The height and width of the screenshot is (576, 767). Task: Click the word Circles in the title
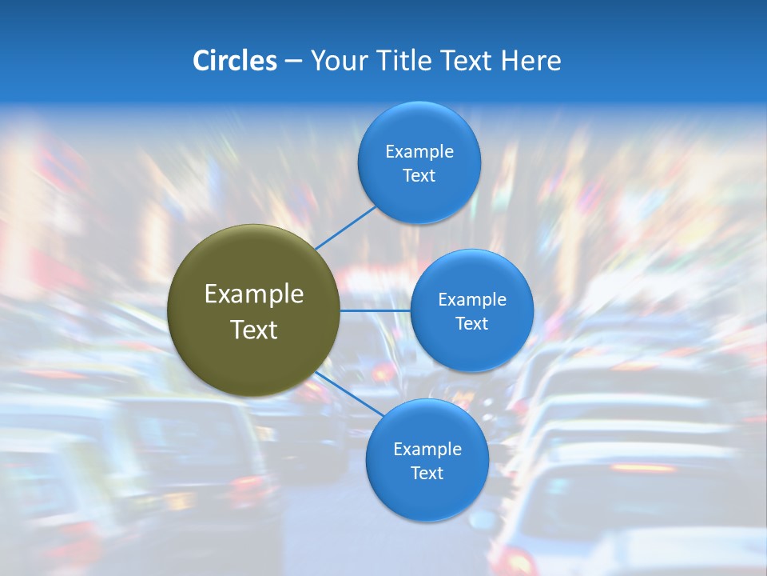coord(234,61)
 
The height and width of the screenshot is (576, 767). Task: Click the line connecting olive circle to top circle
coord(345,226)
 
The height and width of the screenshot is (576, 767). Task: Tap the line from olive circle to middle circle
coord(375,310)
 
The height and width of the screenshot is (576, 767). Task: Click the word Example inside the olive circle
coord(254,294)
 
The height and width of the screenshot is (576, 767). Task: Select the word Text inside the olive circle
coord(254,330)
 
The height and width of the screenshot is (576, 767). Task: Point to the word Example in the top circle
coord(419,151)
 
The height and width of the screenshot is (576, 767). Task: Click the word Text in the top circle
coord(419,175)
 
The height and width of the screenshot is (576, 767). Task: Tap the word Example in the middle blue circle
coord(472,299)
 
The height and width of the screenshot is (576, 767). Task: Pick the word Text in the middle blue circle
coord(472,323)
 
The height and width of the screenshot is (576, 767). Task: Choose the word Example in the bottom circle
coord(427,449)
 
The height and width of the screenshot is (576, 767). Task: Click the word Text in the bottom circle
coord(427,473)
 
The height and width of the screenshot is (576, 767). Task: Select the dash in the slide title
coord(293,62)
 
